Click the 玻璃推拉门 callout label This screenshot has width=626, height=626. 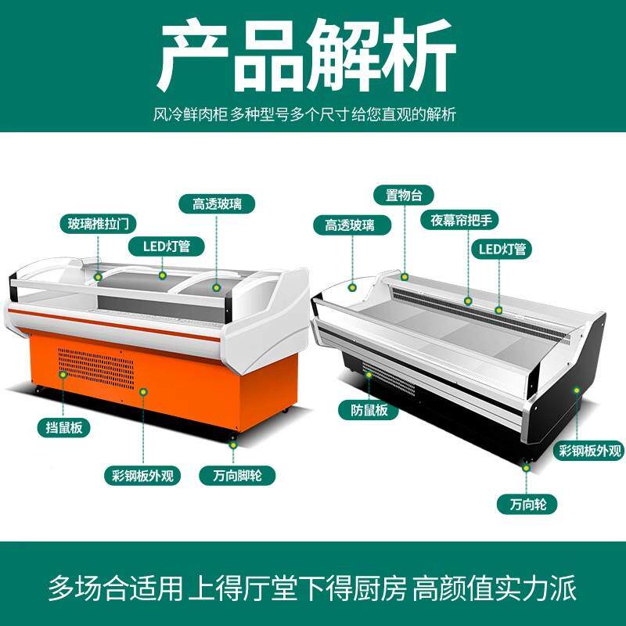(x=98, y=224)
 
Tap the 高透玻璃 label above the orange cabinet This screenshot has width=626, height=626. (x=217, y=204)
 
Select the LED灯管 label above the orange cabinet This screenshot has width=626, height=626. (x=167, y=246)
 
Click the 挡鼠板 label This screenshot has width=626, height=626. (x=64, y=427)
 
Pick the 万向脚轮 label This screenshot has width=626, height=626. (x=237, y=476)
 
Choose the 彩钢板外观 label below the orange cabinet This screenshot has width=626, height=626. (x=142, y=476)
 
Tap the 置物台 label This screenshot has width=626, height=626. (x=404, y=195)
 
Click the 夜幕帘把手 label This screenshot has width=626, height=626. (x=460, y=220)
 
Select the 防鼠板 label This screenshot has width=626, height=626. (x=369, y=410)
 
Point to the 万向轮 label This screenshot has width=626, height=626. (x=527, y=504)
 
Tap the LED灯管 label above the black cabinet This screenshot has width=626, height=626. (x=502, y=250)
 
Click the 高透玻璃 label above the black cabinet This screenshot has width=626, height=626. (x=349, y=225)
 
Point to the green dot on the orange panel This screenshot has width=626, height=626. (x=143, y=392)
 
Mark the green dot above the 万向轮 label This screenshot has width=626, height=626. (x=526, y=468)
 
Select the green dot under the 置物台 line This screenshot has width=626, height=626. (x=405, y=276)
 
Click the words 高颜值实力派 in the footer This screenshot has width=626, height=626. (x=495, y=588)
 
